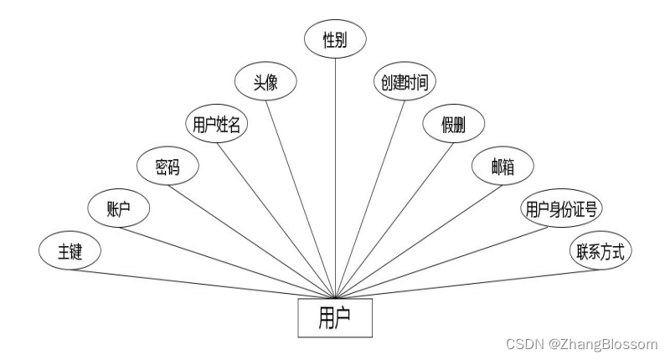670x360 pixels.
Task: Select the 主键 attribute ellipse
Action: coord(70,251)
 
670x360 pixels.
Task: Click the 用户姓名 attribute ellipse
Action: coord(217,125)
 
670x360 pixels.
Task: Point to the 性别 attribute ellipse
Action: coord(336,39)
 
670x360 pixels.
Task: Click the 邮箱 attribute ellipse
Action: coord(503,167)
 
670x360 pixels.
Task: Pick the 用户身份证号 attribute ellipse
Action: coord(554,208)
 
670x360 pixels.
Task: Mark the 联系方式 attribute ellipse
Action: coord(600,250)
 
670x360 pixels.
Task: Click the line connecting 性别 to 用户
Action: coord(336,167)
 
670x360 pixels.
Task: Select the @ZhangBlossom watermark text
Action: coord(605,344)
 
